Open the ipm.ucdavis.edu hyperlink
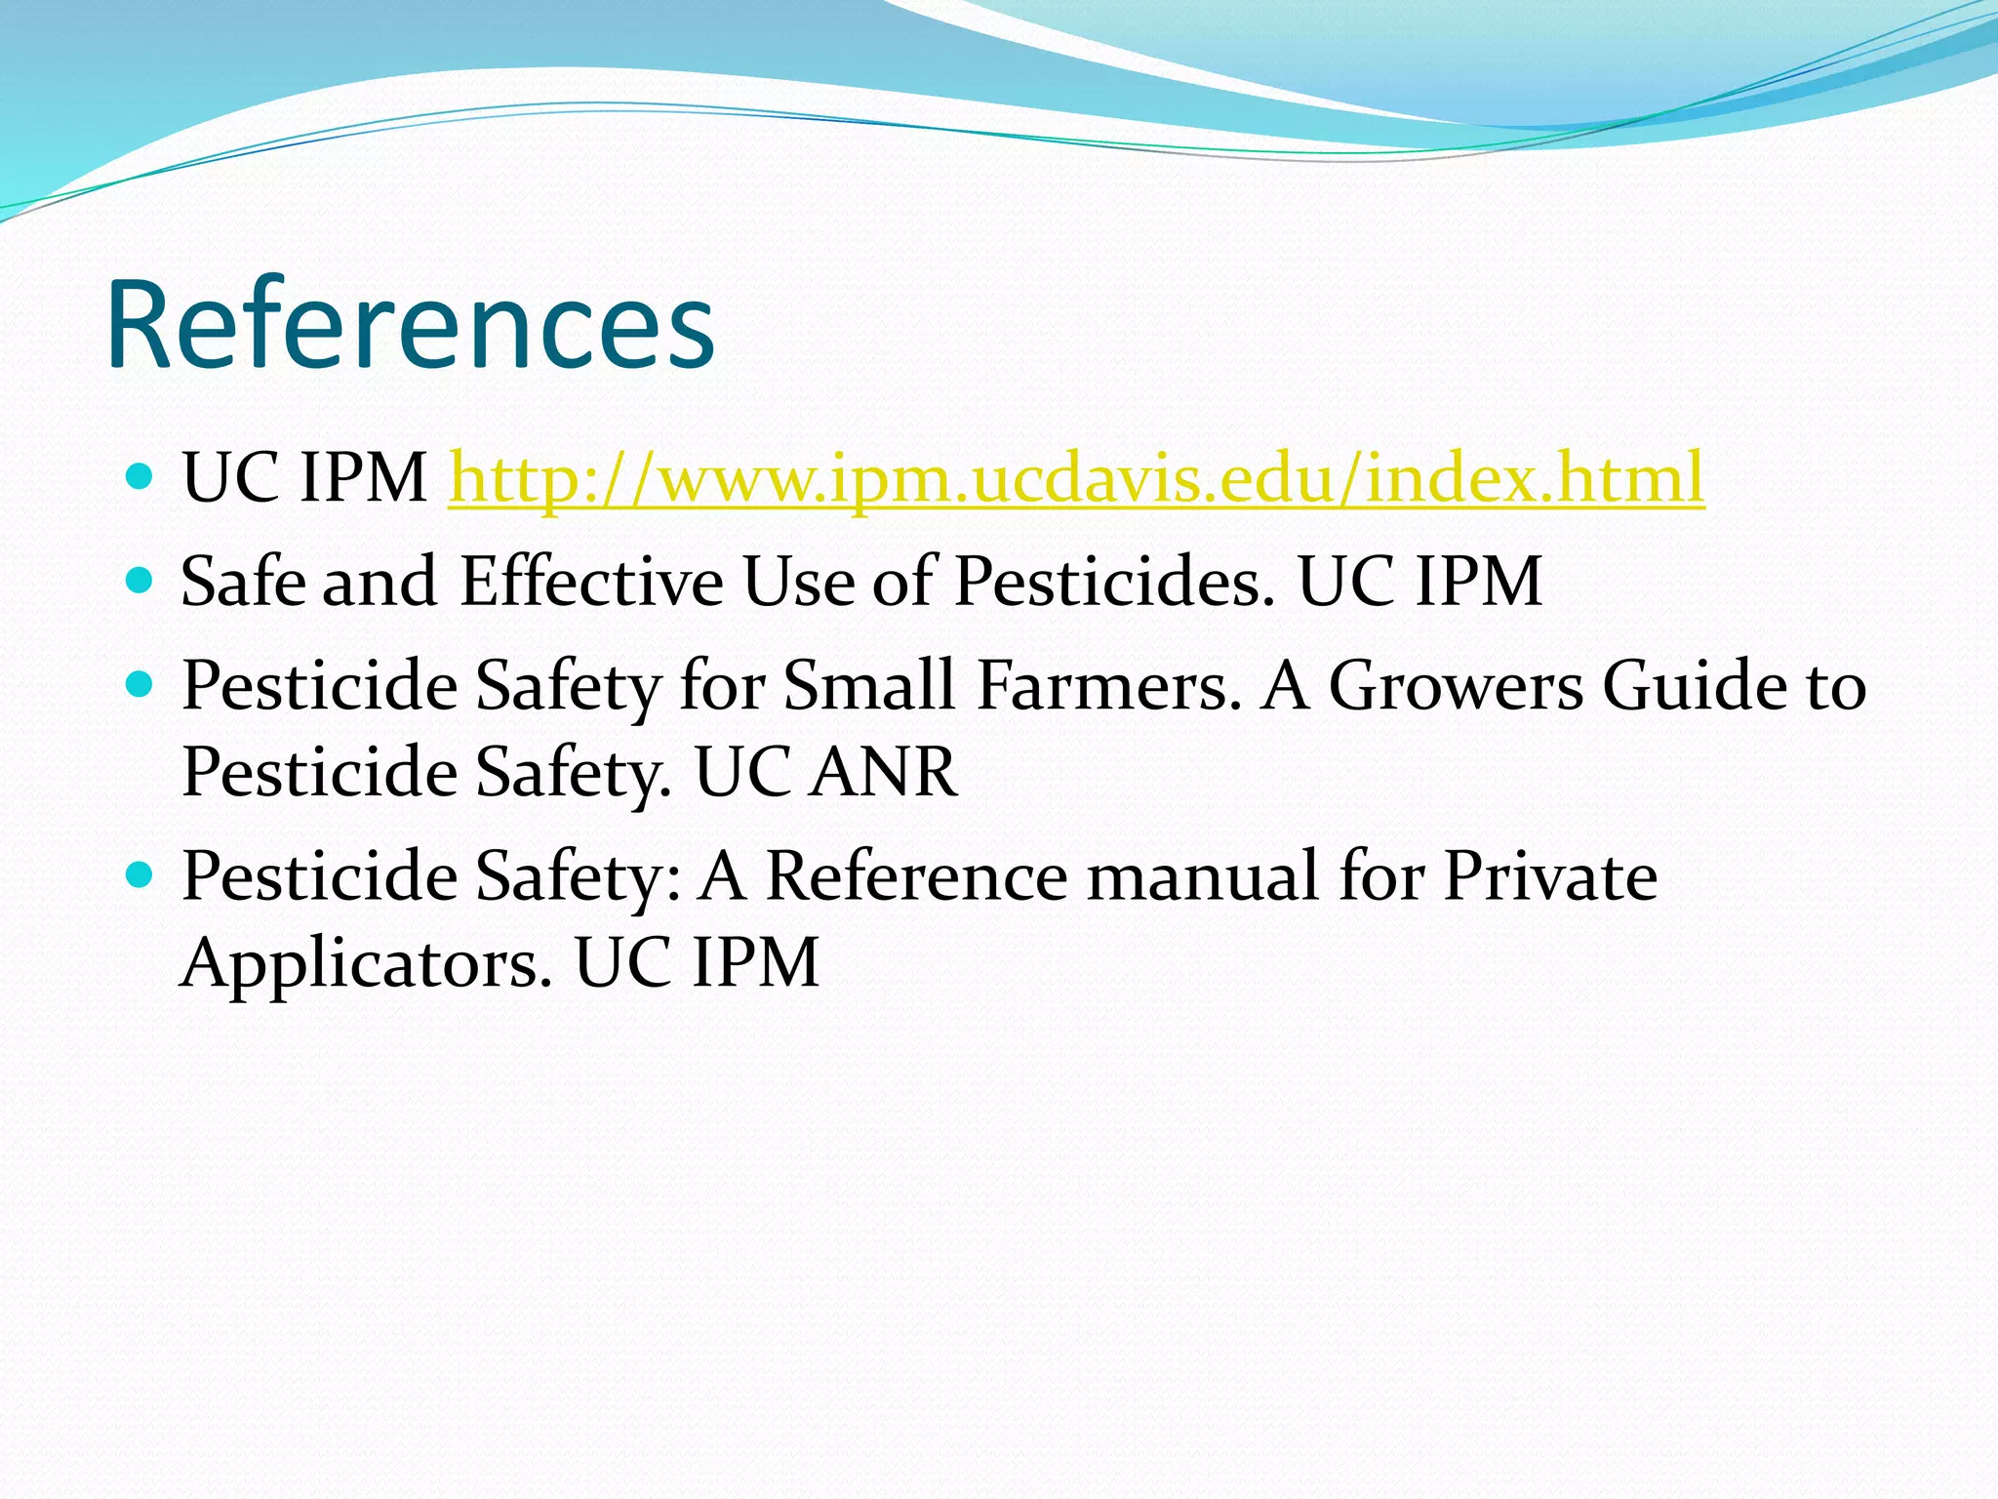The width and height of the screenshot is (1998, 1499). click(x=1075, y=478)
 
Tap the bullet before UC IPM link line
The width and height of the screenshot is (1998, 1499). click(x=140, y=477)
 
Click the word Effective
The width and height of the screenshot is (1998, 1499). click(x=591, y=582)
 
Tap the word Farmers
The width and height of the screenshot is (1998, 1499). click(x=1109, y=685)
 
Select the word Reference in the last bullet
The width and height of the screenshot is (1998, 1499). click(x=916, y=875)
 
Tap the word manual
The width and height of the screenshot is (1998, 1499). click(x=1202, y=875)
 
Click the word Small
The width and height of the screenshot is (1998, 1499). click(x=869, y=685)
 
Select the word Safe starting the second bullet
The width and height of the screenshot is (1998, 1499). click(x=243, y=582)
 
